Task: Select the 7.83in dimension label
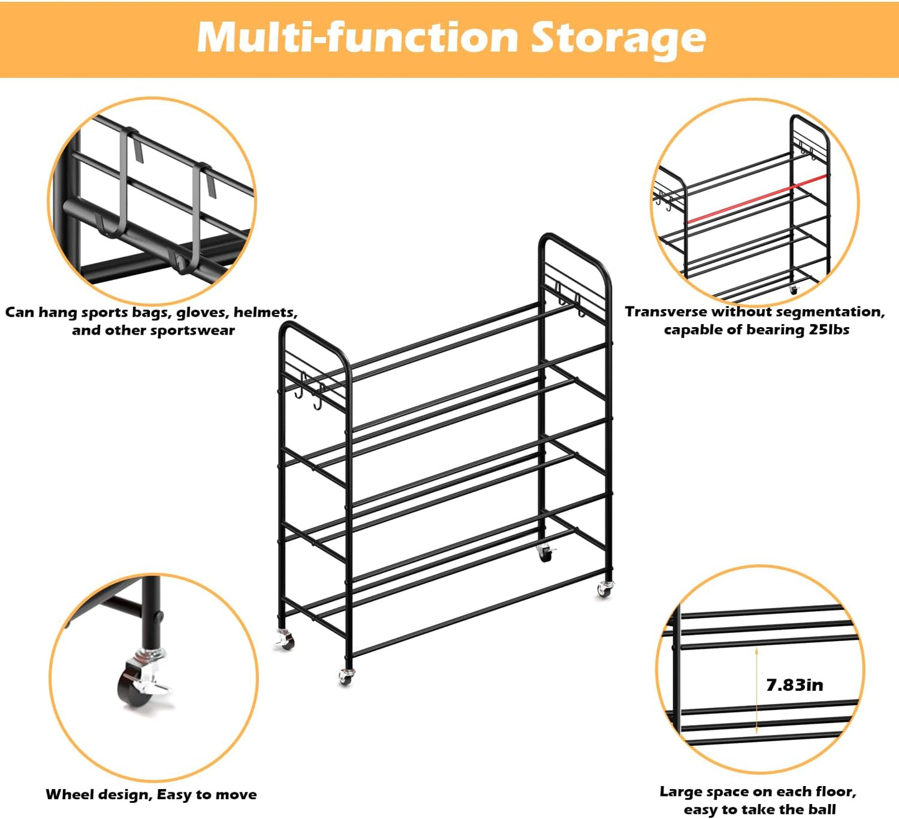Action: (x=794, y=685)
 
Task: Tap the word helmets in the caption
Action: (x=264, y=312)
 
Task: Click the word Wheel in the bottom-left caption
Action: (x=68, y=794)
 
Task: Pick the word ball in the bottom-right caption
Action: (x=822, y=810)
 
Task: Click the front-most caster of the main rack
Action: (x=346, y=676)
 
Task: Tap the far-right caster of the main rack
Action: (x=604, y=588)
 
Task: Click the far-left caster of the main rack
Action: (x=285, y=639)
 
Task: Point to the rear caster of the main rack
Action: (x=545, y=552)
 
